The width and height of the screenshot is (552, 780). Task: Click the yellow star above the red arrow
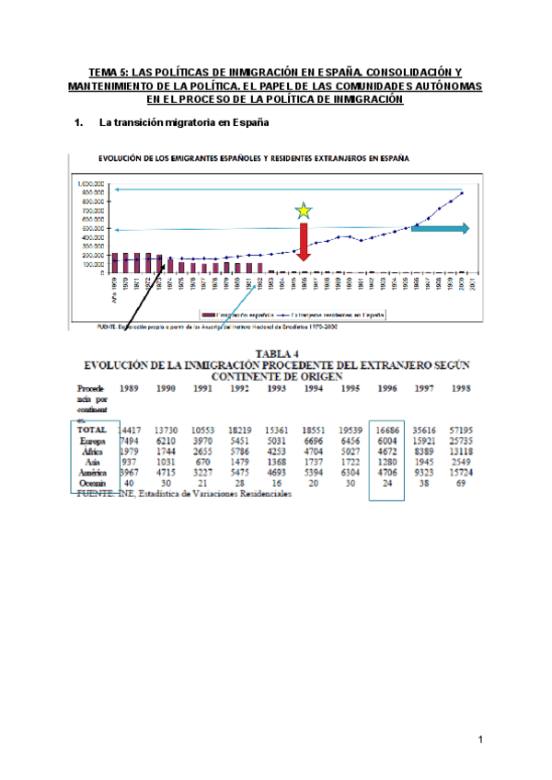[303, 212]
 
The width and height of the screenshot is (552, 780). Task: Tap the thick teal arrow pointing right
[440, 228]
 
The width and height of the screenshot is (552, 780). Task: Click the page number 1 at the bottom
[480, 739]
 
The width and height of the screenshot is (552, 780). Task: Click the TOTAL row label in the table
[94, 430]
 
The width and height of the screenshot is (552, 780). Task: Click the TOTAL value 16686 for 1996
[386, 430]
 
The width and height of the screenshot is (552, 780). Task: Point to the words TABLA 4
[273, 351]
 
